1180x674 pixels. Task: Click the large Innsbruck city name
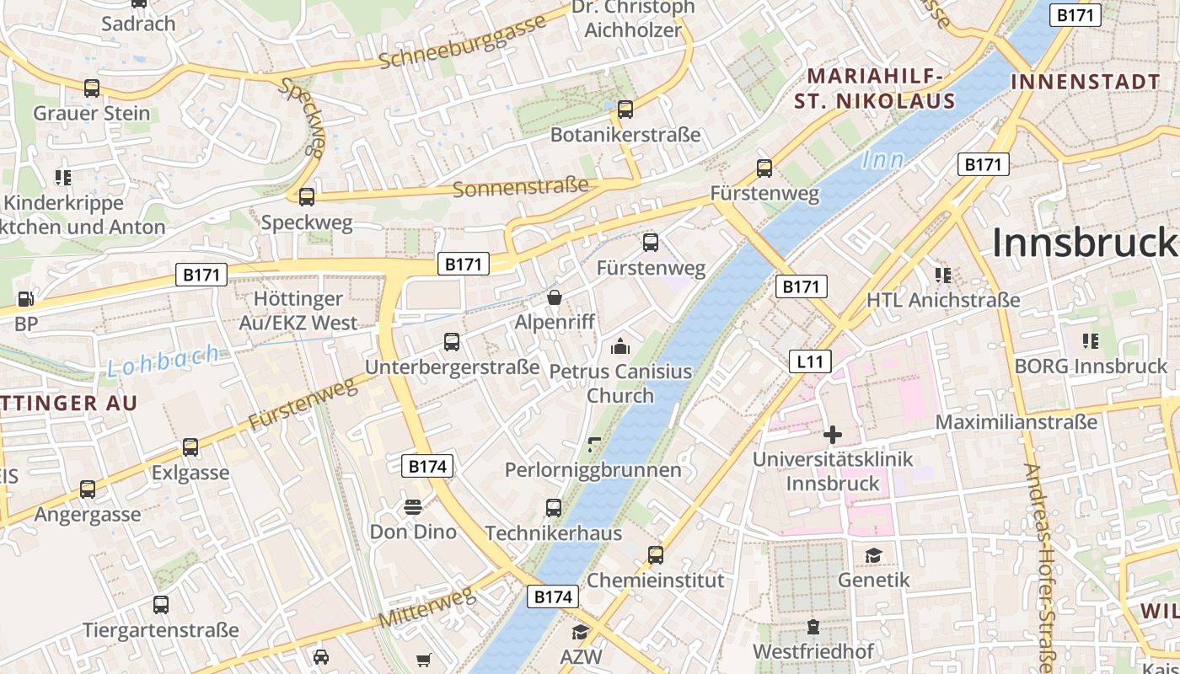[x=1086, y=243]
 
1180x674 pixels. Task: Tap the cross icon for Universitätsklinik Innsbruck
[x=833, y=435]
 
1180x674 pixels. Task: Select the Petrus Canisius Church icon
[x=620, y=346]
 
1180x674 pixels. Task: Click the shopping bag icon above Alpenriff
[x=555, y=297]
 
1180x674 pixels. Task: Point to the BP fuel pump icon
[x=25, y=299]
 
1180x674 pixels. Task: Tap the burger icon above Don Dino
[x=412, y=506]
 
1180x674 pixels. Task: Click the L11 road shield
[x=810, y=362]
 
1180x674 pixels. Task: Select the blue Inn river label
[x=882, y=159]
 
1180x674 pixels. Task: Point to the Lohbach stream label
[x=164, y=361]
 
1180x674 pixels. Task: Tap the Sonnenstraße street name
[x=520, y=187]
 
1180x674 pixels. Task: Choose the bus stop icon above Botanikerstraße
[x=625, y=110]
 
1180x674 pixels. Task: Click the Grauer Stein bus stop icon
[x=92, y=88]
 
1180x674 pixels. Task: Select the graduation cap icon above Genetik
[x=873, y=555]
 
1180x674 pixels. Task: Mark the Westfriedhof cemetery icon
[x=813, y=627]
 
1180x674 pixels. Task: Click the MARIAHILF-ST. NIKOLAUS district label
[x=875, y=89]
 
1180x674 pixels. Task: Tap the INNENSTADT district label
[x=1085, y=82]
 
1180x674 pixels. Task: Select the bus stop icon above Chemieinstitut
[x=655, y=555]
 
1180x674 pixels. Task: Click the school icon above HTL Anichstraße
[x=943, y=275]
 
